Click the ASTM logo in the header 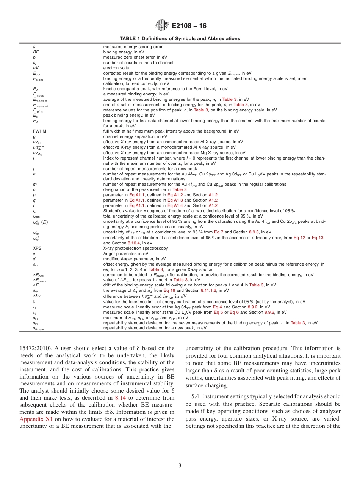click(162, 26)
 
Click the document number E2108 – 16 click(189, 26)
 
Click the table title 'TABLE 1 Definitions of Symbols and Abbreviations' click(180, 39)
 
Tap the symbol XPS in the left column click(37, 248)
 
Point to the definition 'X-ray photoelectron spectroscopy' click(135, 248)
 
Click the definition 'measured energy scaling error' click(133, 47)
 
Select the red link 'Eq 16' click(169, 291)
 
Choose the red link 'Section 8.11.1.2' click(198, 291)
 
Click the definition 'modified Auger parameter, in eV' click(134, 259)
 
